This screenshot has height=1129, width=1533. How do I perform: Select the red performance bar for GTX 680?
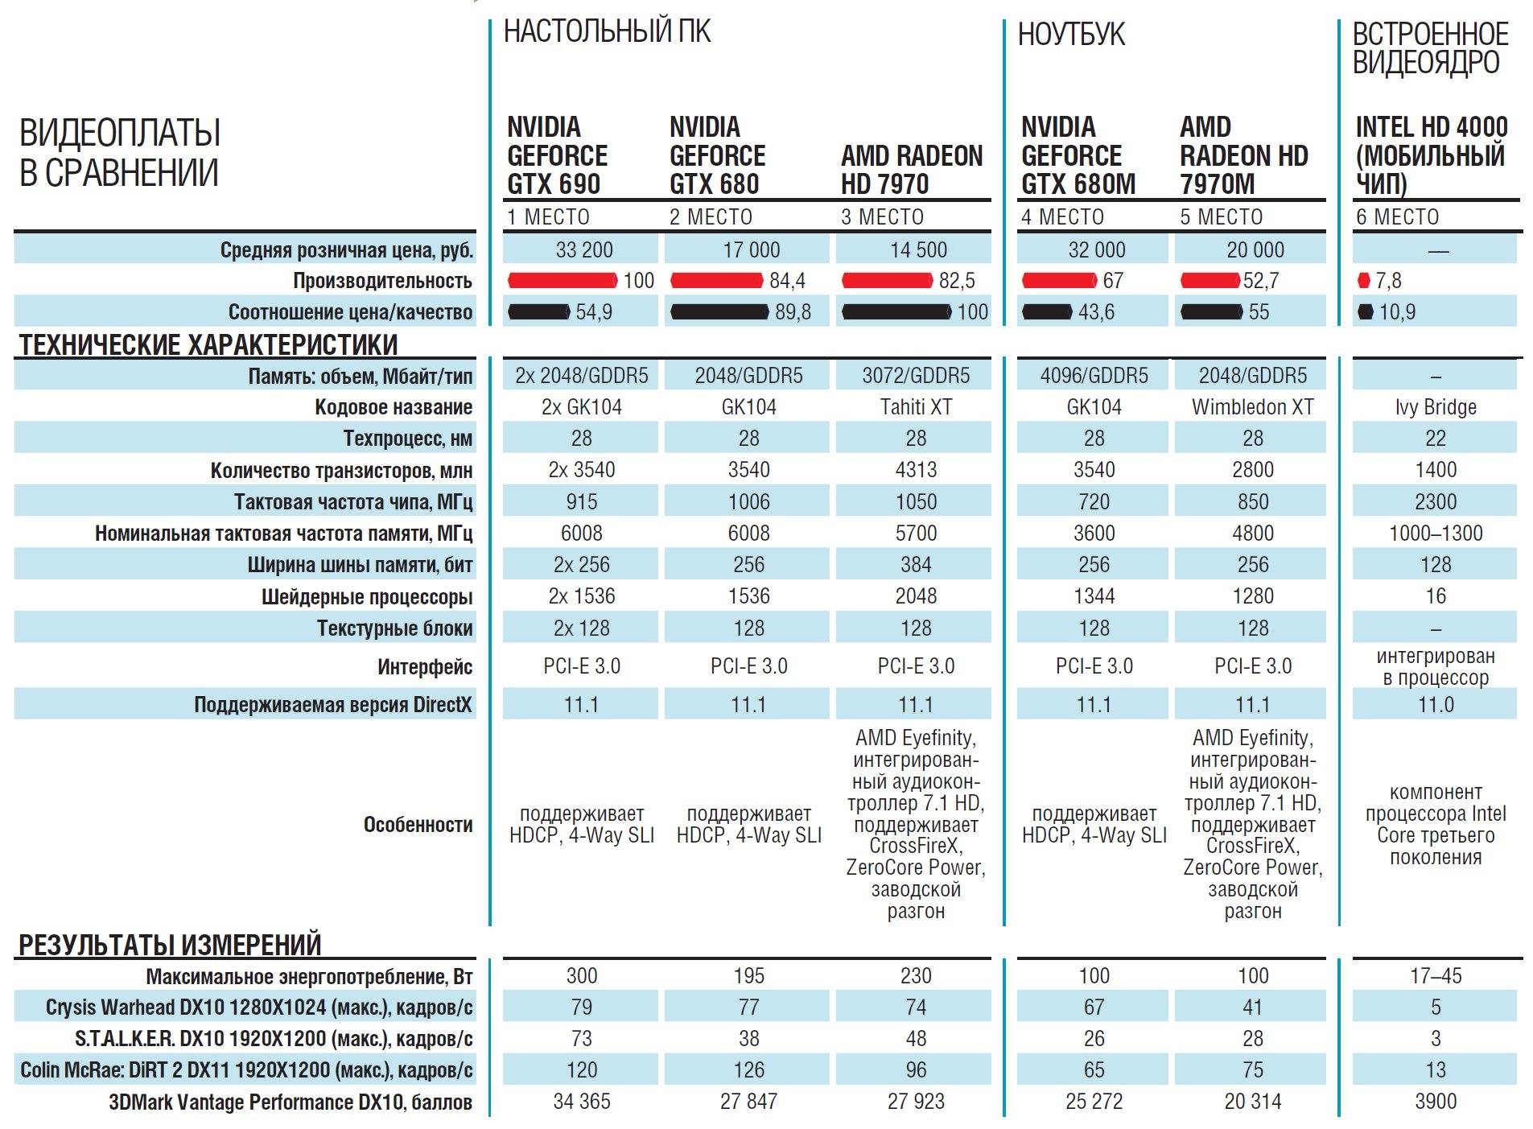point(716,281)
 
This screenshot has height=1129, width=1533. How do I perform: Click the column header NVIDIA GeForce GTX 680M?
point(1078,155)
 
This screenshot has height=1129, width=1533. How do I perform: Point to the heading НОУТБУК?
point(1071,35)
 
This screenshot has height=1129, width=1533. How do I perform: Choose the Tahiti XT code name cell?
point(916,407)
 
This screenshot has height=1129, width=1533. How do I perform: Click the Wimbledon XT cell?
point(1252,407)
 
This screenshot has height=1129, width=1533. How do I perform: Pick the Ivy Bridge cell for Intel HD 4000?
point(1436,407)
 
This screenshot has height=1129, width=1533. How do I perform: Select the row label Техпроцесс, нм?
point(407,439)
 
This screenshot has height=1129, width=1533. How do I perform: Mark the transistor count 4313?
point(916,470)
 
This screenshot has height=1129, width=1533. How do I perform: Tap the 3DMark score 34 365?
point(581,1102)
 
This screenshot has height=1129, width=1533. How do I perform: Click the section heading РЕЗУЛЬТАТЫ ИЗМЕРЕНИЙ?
point(170,945)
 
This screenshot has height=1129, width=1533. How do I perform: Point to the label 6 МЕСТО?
point(1397,217)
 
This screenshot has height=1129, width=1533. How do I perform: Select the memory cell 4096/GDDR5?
point(1094,376)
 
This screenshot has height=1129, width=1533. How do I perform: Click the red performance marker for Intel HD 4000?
point(1362,281)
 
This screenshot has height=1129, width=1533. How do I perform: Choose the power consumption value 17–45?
point(1436,976)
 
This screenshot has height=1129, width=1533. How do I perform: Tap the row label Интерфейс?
point(424,667)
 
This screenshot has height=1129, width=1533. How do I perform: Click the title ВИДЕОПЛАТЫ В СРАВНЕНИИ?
point(120,153)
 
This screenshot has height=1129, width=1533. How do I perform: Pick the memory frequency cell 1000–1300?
point(1436,534)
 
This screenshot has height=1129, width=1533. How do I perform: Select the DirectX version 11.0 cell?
point(1436,705)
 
